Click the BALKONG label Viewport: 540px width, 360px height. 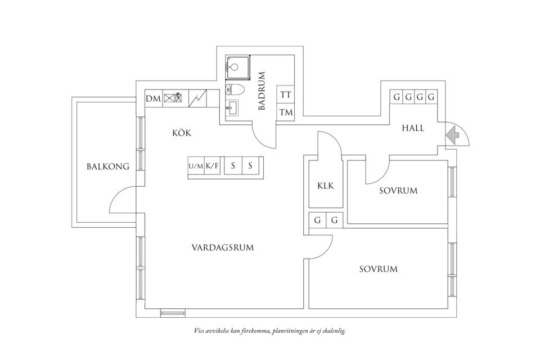[x=108, y=166]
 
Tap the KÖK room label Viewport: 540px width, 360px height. [x=182, y=133]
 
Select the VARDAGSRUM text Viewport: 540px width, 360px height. [x=222, y=247]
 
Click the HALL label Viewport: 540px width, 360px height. [x=413, y=128]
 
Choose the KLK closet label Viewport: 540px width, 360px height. [x=326, y=186]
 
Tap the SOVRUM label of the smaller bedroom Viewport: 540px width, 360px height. [x=398, y=191]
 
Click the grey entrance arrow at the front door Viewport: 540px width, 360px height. [x=453, y=135]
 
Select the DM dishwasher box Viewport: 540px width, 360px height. [x=153, y=99]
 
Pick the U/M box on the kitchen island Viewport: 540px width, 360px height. [x=195, y=166]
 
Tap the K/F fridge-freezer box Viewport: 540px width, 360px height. [x=212, y=166]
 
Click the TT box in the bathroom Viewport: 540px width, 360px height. [x=286, y=95]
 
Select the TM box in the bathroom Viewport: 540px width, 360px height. [x=286, y=112]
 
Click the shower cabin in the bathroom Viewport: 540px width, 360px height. [x=236, y=67]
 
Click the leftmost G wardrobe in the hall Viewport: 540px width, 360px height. [x=397, y=97]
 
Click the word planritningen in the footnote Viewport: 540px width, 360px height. [x=293, y=331]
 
